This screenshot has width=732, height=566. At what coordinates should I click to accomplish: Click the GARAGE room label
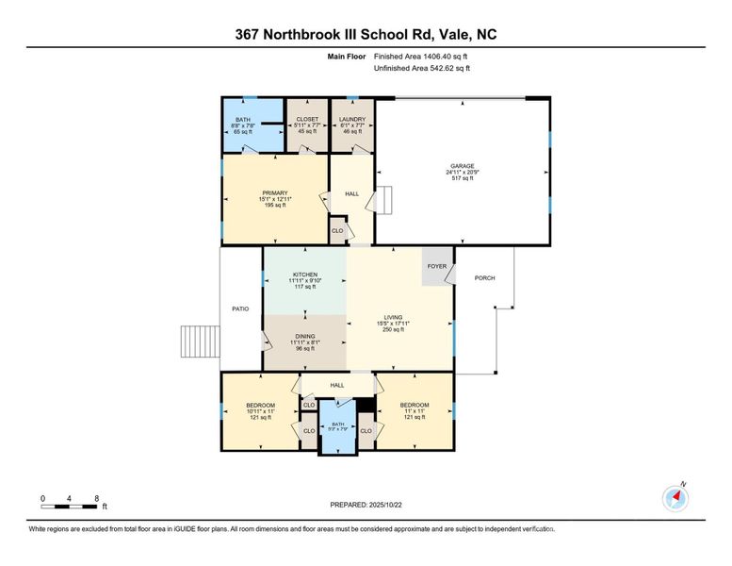[x=462, y=165]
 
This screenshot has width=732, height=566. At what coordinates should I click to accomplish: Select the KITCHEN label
[x=304, y=275]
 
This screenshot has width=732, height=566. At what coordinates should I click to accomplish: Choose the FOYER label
[x=436, y=267]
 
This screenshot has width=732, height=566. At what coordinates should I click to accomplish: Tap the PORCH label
[x=484, y=277]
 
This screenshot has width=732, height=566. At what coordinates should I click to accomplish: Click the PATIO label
[x=240, y=308]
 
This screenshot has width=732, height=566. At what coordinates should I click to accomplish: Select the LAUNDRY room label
[x=352, y=119]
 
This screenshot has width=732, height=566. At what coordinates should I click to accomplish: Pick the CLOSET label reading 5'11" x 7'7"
[x=306, y=119]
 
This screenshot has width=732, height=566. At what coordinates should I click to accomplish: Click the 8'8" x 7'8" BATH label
[x=243, y=120]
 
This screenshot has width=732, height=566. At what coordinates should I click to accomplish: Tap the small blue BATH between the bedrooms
[x=336, y=425]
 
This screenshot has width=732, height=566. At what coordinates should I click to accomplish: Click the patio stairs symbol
[x=198, y=340]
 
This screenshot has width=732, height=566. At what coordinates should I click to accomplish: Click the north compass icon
[x=675, y=498]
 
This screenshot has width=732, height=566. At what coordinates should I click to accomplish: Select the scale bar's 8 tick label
[x=97, y=498]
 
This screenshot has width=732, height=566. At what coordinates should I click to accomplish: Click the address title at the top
[x=366, y=35]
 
